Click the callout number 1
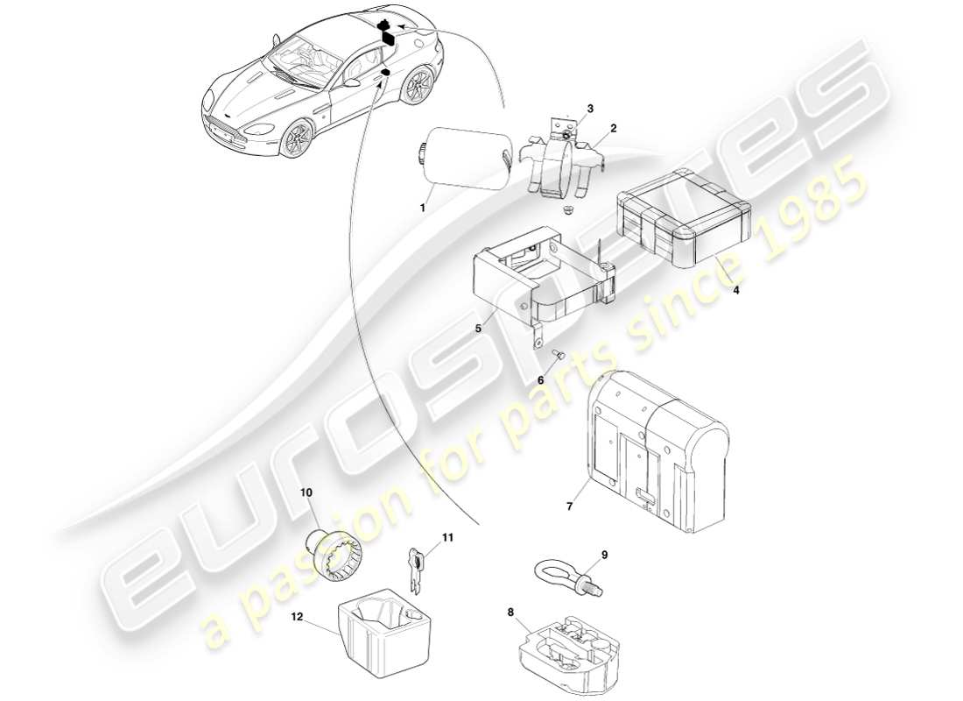[422, 208]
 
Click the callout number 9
[603, 555]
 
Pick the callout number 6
[540, 380]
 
